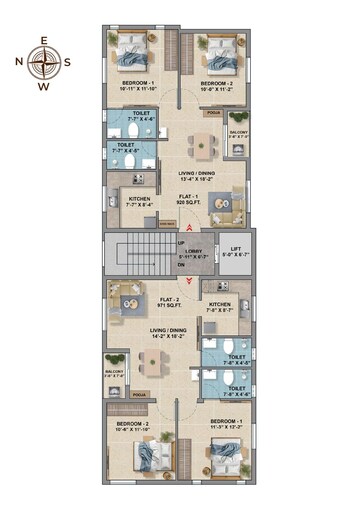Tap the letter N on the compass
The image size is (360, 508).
[19, 62]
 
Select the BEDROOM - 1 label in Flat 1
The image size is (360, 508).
[137, 85]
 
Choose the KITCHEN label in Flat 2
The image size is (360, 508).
[220, 305]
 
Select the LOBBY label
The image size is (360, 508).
[193, 254]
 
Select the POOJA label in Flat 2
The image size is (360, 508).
[138, 395]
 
